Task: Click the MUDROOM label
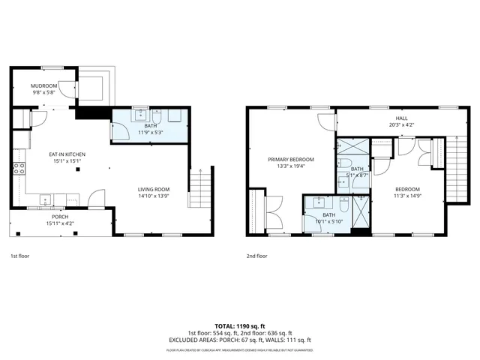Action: point(44,86)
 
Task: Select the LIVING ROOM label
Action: point(153,189)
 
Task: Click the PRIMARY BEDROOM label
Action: point(291,160)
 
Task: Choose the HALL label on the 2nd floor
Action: point(402,118)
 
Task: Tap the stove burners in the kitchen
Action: point(18,168)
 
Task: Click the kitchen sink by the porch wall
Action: point(44,200)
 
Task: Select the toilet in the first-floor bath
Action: point(156,116)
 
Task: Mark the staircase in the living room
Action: point(198,188)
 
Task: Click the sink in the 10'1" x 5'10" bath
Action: point(321,202)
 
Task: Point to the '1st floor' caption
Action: point(21,256)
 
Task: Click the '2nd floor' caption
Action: point(256,256)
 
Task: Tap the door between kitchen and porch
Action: point(95,199)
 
